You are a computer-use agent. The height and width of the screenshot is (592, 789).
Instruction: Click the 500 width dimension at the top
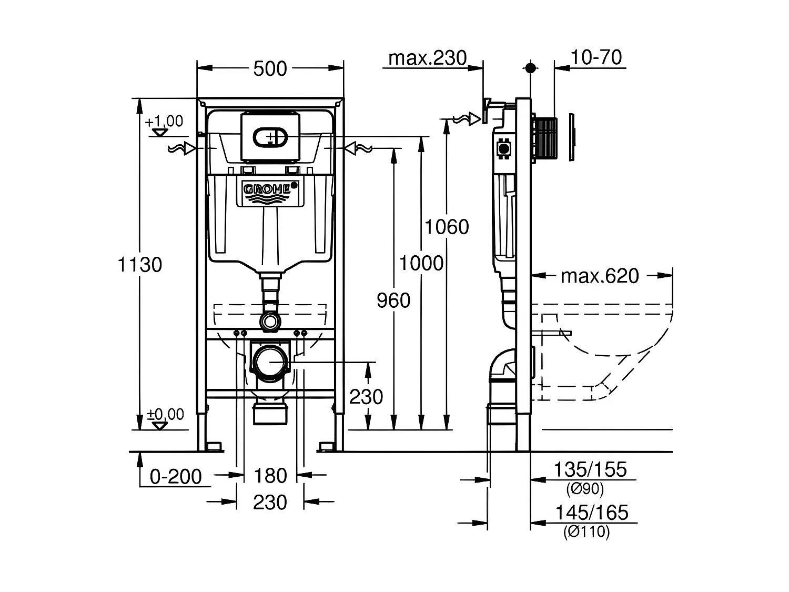[270, 69]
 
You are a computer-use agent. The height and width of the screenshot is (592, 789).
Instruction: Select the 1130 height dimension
[139, 264]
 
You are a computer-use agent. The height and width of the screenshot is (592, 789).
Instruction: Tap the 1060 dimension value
[447, 227]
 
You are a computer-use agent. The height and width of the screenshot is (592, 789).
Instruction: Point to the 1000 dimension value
[421, 263]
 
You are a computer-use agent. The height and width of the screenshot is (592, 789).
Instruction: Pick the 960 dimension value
[393, 300]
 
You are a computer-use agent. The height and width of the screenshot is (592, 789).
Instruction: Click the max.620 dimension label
[600, 276]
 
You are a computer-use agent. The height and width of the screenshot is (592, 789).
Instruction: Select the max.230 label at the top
[427, 58]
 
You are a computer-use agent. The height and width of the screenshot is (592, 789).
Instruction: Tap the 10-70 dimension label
[596, 57]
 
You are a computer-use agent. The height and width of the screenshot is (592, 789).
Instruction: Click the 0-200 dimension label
[176, 477]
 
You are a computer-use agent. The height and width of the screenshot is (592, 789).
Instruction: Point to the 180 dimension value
[270, 476]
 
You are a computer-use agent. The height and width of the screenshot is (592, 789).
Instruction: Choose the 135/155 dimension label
[591, 469]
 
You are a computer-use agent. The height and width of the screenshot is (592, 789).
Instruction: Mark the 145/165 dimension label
[592, 513]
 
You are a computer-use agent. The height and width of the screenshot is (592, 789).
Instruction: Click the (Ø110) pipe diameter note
[586, 532]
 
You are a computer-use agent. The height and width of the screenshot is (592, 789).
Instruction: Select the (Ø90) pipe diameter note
[585, 489]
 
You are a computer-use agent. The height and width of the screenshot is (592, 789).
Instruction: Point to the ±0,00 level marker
[165, 415]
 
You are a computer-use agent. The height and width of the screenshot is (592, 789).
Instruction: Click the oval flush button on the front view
[270, 138]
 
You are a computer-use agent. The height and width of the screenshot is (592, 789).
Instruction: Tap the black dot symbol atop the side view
[530, 68]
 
